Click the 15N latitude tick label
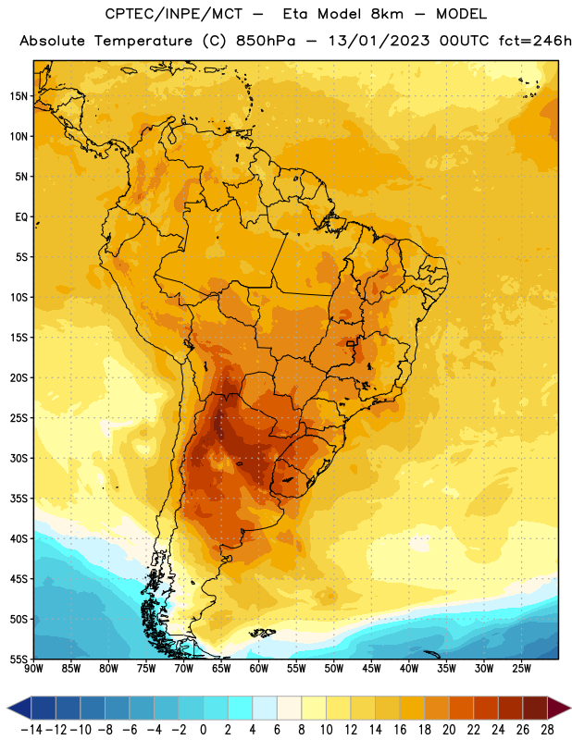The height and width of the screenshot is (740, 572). (x=19, y=96)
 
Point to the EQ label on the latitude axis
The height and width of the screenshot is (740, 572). (x=21, y=217)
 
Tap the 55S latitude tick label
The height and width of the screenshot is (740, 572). (x=19, y=660)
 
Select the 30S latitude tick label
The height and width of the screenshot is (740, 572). (x=19, y=458)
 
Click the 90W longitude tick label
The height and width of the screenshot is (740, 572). (x=33, y=669)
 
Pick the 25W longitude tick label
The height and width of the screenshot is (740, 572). (x=521, y=669)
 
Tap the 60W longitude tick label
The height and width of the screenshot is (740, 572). (x=259, y=669)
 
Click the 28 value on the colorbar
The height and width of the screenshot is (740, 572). (x=547, y=730)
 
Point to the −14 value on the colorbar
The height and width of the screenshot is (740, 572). (x=31, y=730)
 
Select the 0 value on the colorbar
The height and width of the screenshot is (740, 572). (x=203, y=730)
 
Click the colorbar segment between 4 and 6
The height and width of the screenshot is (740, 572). (x=265, y=708)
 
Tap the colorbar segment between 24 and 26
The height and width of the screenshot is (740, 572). (x=510, y=708)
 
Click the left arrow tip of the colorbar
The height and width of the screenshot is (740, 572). (x=7, y=708)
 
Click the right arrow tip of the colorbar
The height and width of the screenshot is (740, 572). (x=570, y=708)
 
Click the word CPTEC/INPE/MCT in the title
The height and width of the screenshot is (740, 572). (x=173, y=14)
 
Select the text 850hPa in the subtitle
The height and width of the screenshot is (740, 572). (x=266, y=41)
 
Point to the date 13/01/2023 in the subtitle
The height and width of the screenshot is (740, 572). (x=379, y=41)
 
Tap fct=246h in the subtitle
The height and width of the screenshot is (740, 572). (x=535, y=41)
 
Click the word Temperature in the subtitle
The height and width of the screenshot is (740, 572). (x=143, y=41)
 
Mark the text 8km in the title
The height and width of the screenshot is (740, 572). (x=387, y=14)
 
